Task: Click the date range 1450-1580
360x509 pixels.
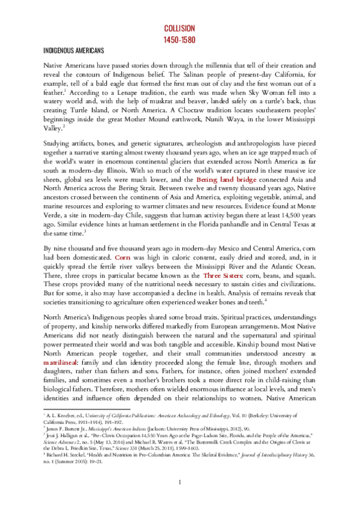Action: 180,39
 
